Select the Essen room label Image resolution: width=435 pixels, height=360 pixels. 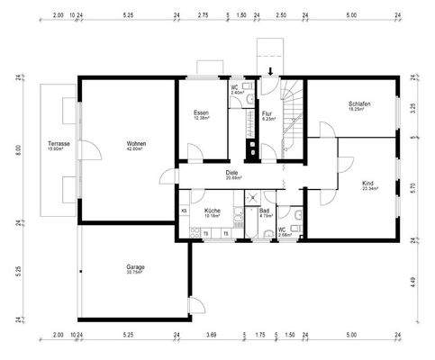pyautogui.click(x=201, y=113)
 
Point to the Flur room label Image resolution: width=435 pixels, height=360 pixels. pyautogui.click(x=267, y=114)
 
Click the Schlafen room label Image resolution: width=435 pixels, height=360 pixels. pyautogui.click(x=360, y=104)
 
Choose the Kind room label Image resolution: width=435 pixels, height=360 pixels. pyautogui.click(x=367, y=184)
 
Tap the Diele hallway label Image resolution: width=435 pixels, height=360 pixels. pyautogui.click(x=232, y=174)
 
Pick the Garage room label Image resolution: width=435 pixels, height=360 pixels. pyautogui.click(x=136, y=266)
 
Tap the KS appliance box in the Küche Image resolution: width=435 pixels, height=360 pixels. pyautogui.click(x=184, y=210)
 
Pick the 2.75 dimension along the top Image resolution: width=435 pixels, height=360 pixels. pyautogui.click(x=203, y=15)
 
